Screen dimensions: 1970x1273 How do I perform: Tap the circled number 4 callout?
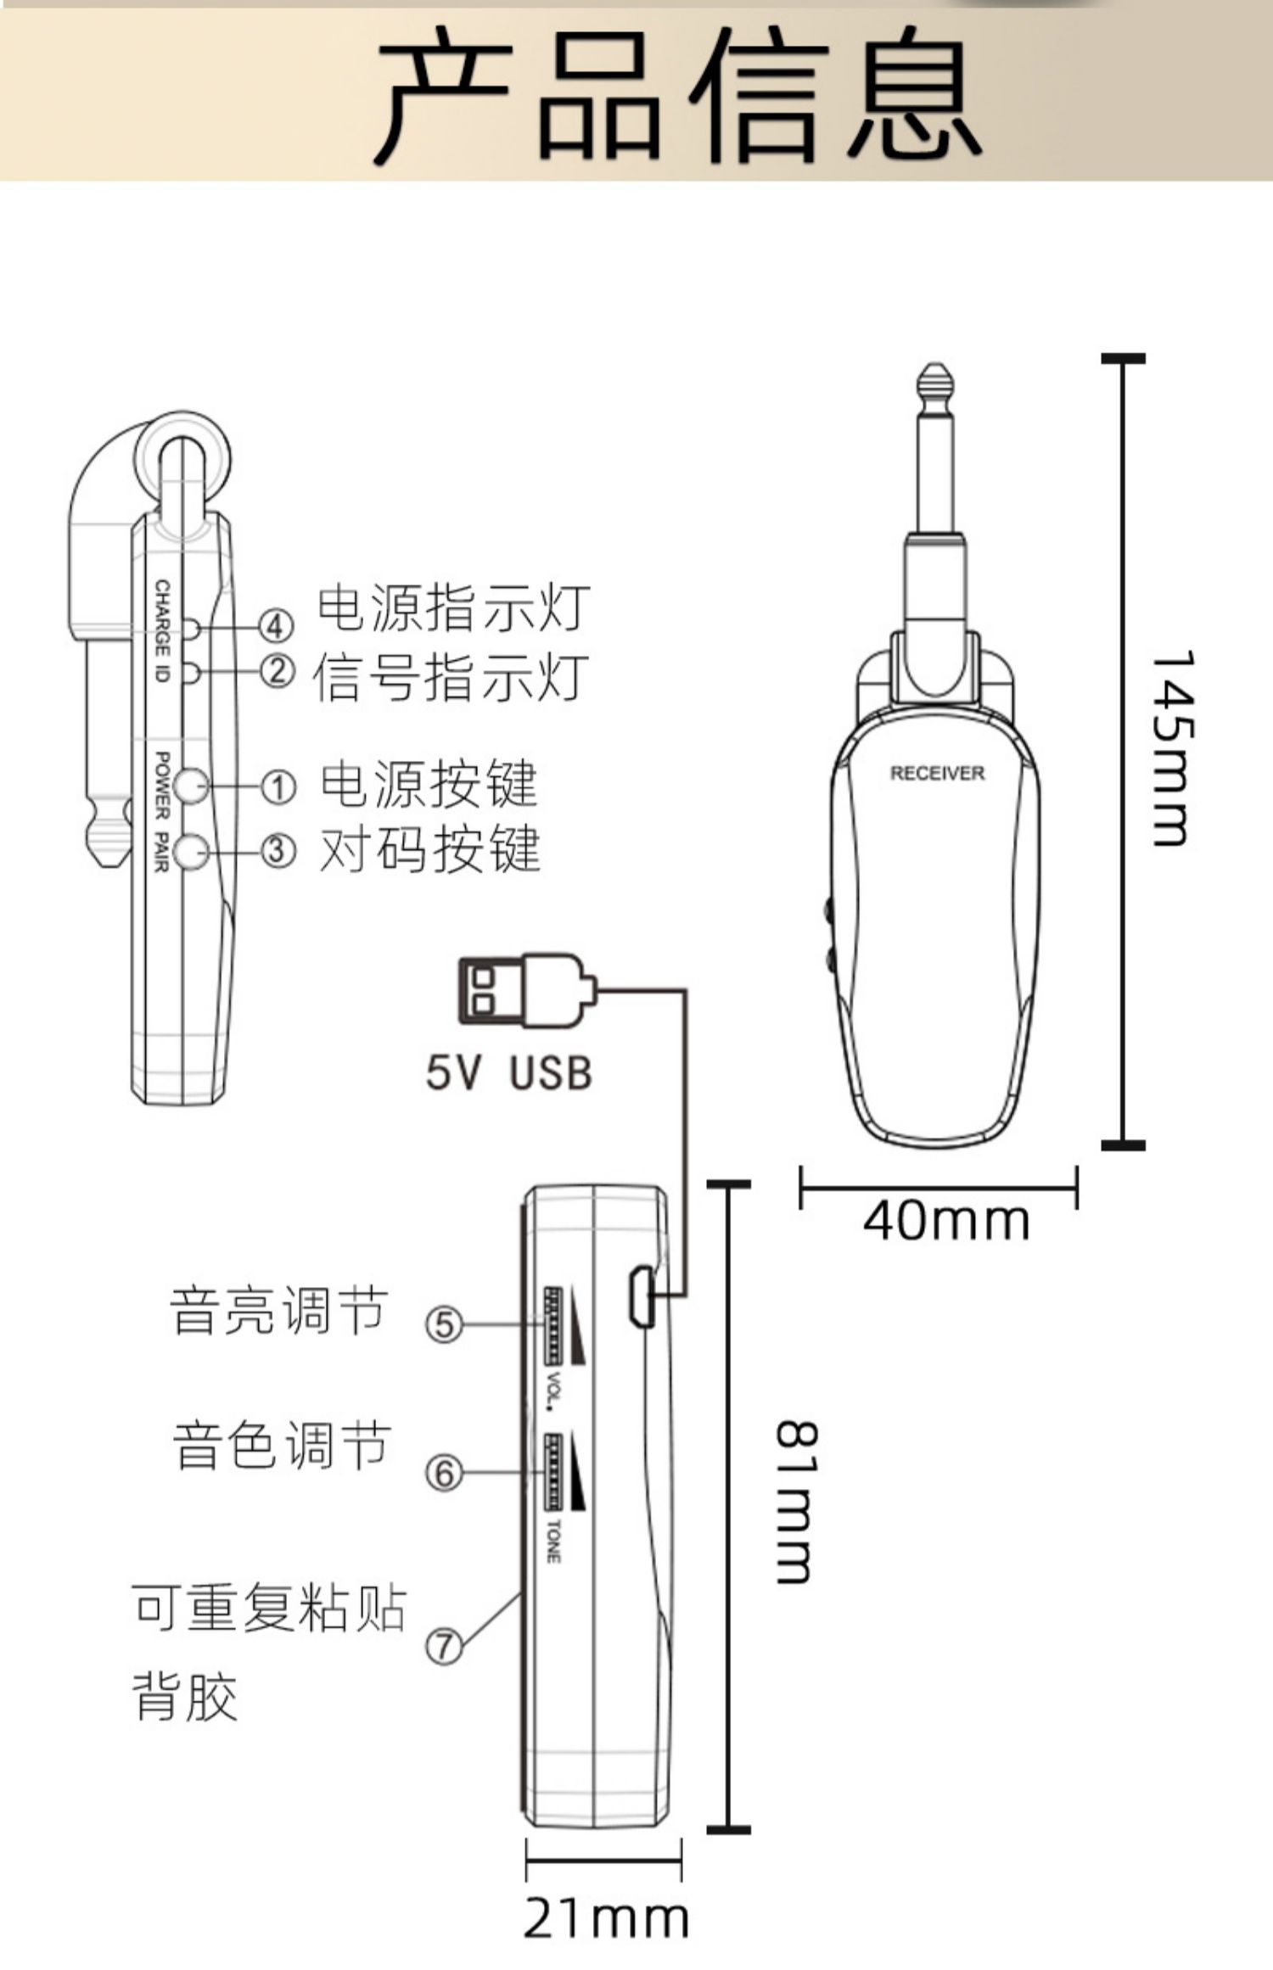pos(276,626)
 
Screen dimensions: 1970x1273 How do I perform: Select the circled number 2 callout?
pos(276,672)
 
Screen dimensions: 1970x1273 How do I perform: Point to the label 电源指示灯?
pos(453,607)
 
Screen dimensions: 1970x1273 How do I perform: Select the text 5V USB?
pos(508,1072)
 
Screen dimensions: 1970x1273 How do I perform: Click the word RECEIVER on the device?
pos(937,773)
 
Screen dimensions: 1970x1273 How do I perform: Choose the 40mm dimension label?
pos(945,1222)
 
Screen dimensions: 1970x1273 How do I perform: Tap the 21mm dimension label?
pos(605,1919)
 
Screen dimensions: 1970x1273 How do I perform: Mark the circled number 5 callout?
pos(444,1324)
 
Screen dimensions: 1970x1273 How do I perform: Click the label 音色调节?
pos(282,1446)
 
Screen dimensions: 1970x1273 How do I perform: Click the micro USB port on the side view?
pos(640,1296)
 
